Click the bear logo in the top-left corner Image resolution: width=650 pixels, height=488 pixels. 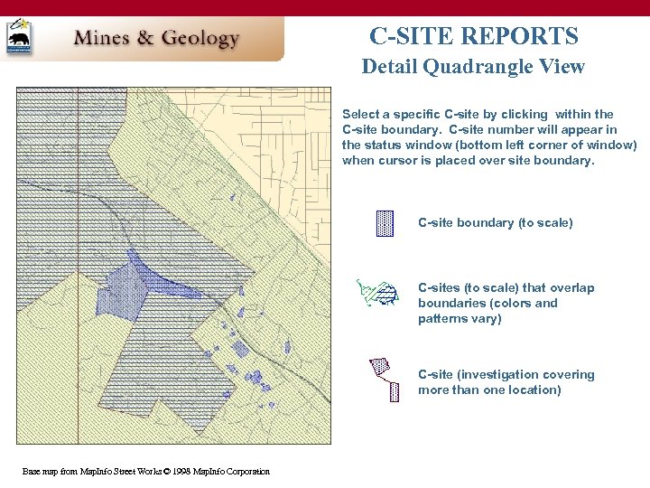(x=18, y=37)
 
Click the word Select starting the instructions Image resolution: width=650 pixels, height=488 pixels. (x=362, y=114)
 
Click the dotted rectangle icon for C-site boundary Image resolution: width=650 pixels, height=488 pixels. (x=385, y=223)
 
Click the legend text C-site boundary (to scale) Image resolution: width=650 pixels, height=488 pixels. (x=495, y=222)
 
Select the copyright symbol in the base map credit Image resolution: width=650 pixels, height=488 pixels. (x=168, y=472)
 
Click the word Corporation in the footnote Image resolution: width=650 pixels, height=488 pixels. (x=244, y=472)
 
